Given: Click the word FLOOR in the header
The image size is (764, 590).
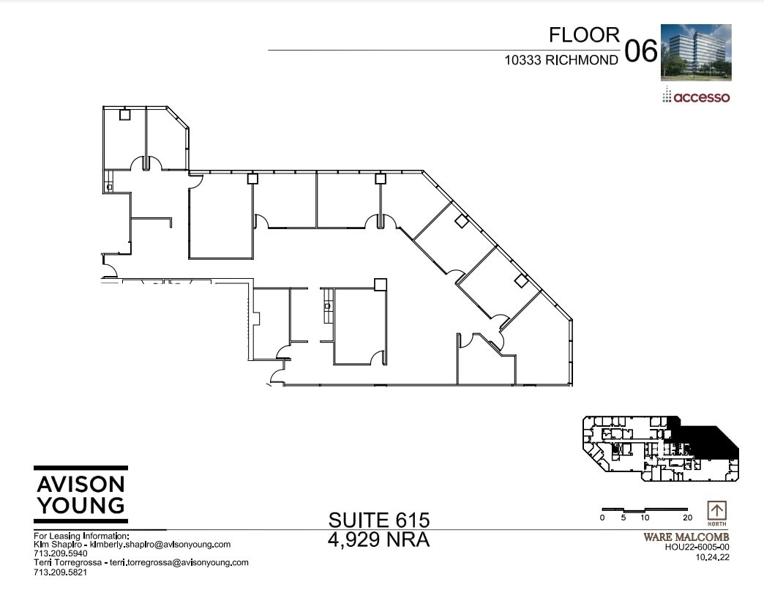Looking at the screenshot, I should tap(584, 35).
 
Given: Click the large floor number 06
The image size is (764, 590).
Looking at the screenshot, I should tap(640, 52).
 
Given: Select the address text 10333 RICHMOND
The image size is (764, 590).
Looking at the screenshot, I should tap(561, 61).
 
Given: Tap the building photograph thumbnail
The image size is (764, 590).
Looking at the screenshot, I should tap(696, 52).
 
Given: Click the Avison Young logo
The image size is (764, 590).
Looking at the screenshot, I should tap(80, 495).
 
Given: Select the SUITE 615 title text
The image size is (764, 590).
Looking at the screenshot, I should tap(378, 520).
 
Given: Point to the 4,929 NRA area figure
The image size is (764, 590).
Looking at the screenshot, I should tap(378, 540).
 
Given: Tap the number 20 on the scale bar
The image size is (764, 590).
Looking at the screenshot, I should tap(687, 518).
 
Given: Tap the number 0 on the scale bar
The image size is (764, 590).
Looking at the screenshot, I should tap(602, 518).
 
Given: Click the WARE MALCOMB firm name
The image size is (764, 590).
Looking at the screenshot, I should tap(686, 537).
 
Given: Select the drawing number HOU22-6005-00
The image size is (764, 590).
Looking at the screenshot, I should tap(697, 547).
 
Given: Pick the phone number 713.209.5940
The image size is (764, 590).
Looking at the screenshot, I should tap(61, 553).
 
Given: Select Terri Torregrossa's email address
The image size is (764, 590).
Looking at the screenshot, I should tap(179, 563).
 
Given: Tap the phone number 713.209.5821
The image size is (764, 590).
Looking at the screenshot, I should tap(61, 572).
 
